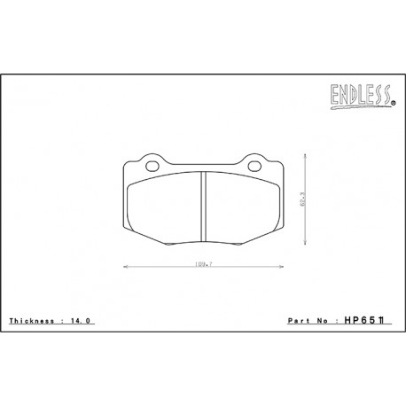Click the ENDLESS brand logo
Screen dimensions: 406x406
click(x=365, y=94)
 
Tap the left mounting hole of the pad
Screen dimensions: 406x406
click(x=147, y=165)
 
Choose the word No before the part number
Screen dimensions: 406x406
click(x=327, y=321)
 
